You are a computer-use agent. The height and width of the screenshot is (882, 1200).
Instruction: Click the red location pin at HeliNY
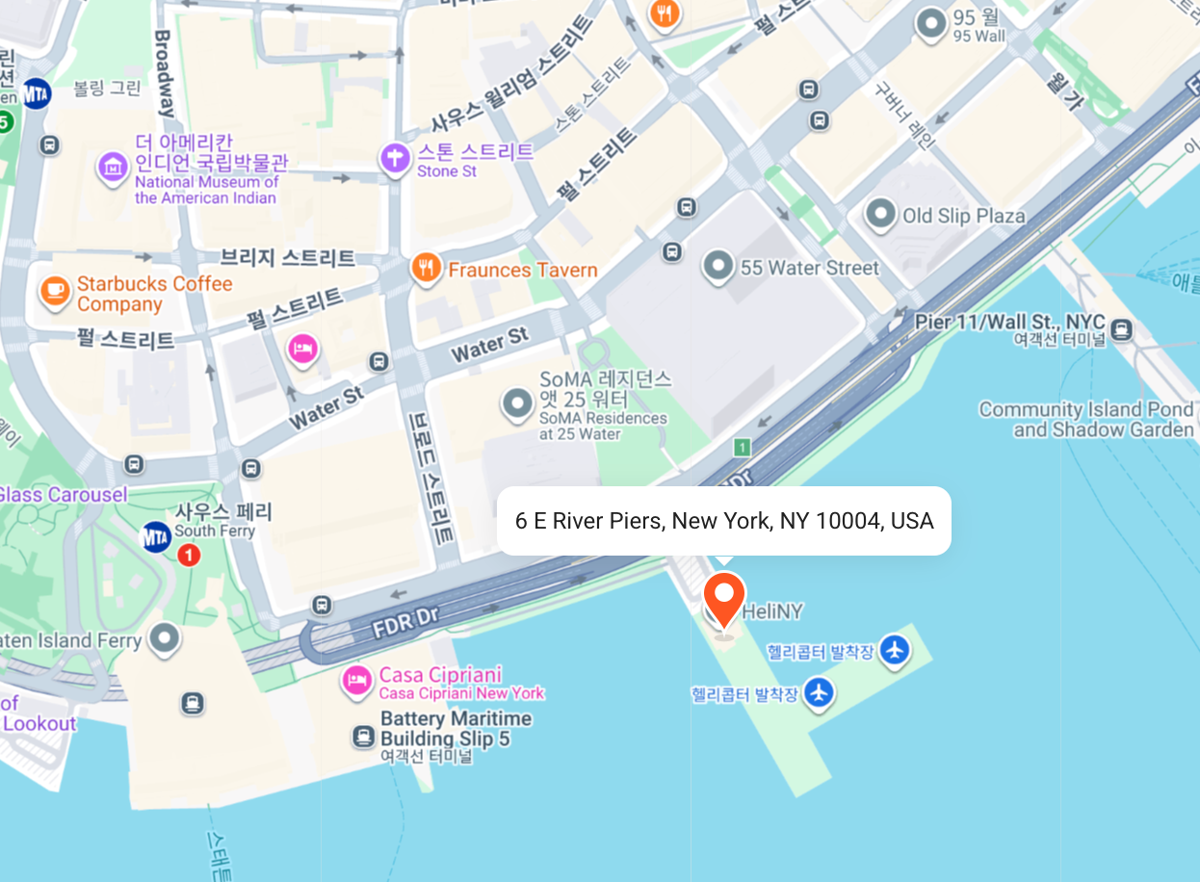724,597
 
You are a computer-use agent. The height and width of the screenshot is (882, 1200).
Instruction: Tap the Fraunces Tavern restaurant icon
426,269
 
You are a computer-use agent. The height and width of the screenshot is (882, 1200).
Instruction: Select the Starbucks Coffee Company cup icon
55,291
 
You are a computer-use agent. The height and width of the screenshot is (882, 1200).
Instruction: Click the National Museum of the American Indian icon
113,167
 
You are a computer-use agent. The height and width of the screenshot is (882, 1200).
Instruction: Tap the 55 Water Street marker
718,267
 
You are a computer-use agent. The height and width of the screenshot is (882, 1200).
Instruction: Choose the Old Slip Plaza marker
880,215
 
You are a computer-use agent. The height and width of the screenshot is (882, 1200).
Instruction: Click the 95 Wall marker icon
930,24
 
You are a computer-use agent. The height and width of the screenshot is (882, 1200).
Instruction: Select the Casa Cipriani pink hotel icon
357,682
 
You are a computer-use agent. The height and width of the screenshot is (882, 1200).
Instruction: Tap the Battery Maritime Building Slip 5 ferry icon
363,738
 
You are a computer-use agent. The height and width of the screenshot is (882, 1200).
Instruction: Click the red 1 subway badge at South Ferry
189,555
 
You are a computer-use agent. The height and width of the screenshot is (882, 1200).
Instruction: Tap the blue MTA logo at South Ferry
156,536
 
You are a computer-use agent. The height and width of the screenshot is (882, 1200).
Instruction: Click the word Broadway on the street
165,73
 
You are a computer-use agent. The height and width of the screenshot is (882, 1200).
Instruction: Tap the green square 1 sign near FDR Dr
742,447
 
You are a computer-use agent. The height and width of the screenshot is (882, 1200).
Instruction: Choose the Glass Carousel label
64,494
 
